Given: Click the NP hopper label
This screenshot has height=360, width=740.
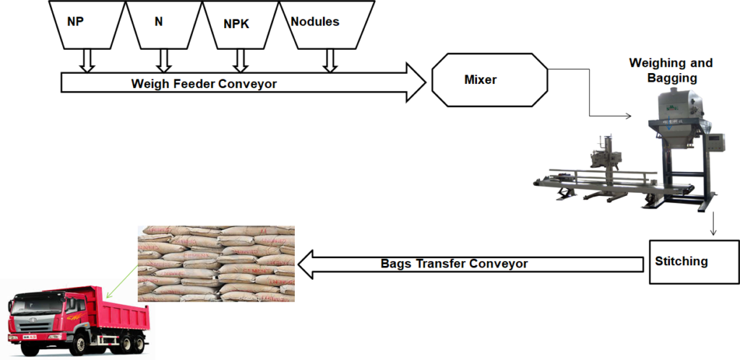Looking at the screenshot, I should click(x=75, y=22).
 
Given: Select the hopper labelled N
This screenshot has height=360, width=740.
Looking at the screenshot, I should click(x=159, y=22).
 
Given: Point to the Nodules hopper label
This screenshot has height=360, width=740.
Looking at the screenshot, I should click(x=315, y=22).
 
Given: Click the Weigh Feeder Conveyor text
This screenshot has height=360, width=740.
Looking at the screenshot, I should click(x=204, y=83).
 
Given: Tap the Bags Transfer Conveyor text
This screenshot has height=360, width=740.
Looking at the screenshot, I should click(x=454, y=264).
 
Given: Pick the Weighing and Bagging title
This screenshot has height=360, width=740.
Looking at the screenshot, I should click(x=671, y=70).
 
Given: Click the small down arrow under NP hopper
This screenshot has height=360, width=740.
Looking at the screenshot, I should click(x=87, y=60).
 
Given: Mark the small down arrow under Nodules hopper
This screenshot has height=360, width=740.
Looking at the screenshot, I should click(x=330, y=60).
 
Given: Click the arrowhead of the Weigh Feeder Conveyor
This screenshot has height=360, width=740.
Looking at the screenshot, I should click(x=413, y=82).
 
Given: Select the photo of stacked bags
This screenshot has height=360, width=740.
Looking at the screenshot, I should click(x=216, y=263).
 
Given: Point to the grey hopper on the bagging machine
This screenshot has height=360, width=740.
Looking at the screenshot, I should click(x=678, y=108).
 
